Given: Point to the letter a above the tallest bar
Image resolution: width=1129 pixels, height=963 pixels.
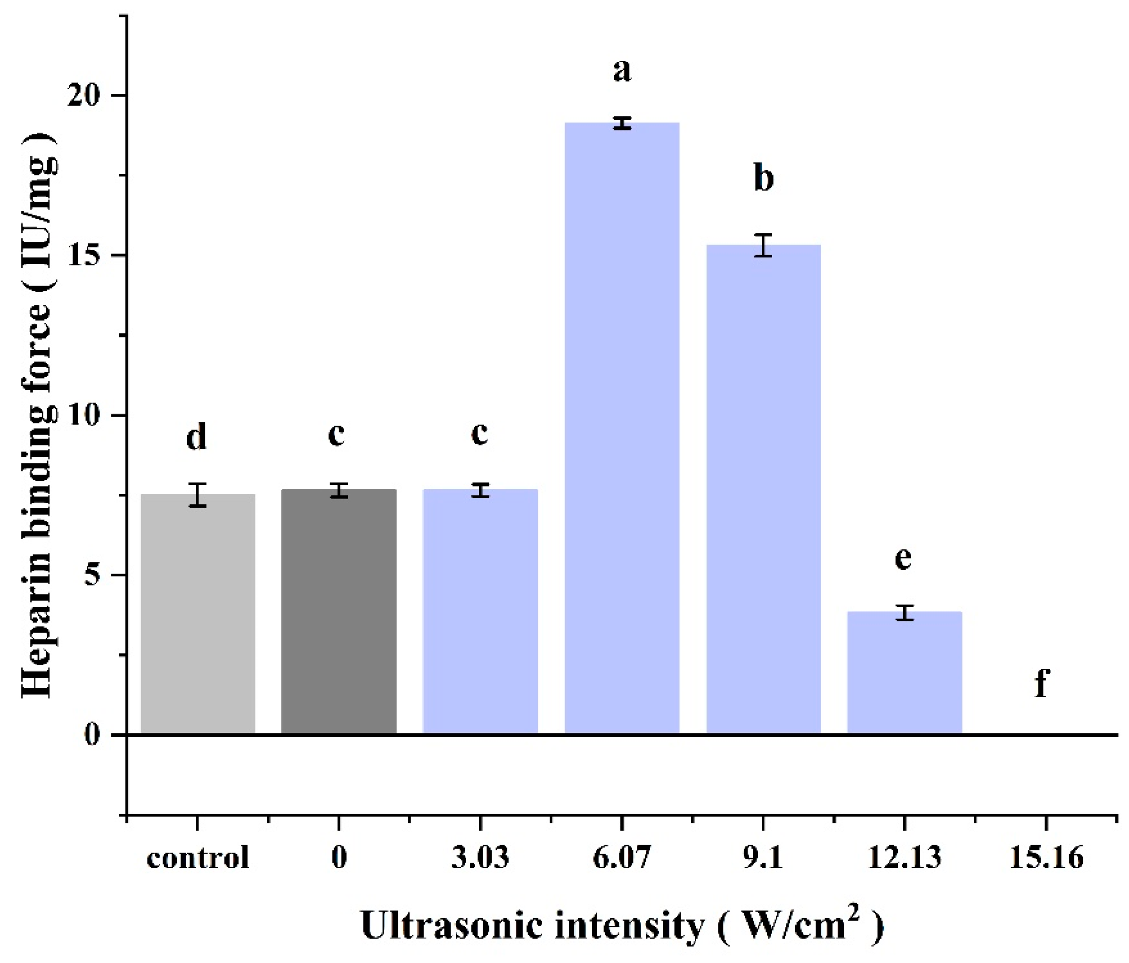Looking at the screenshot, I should pyautogui.click(x=622, y=70).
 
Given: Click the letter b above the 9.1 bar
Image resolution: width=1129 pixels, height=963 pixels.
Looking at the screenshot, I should pyautogui.click(x=763, y=178).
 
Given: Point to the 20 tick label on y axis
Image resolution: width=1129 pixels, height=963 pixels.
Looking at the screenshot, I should pyautogui.click(x=84, y=96).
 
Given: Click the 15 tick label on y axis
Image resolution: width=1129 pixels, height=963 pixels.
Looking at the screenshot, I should pyautogui.click(x=84, y=255).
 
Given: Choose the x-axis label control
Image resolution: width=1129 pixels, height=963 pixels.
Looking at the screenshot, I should pyautogui.click(x=198, y=857).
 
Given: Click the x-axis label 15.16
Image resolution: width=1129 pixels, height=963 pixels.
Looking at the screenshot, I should pyautogui.click(x=1046, y=857).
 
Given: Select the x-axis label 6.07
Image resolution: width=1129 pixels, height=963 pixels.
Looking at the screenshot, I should pyautogui.click(x=621, y=857).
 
